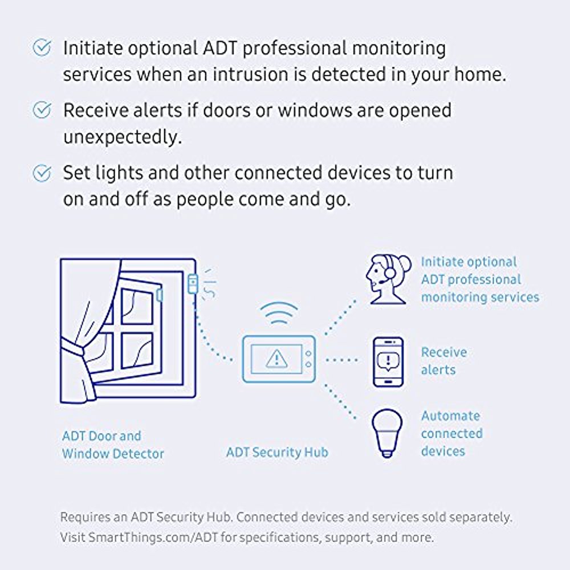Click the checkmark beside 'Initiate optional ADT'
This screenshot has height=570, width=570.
tap(42, 48)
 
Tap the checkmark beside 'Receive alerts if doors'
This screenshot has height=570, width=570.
tap(42, 110)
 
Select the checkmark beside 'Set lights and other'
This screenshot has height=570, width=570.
tap(42, 172)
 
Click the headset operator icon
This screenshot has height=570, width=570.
tap(388, 279)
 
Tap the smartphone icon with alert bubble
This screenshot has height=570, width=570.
tap(388, 362)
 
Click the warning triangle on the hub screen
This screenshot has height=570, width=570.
tap(277, 359)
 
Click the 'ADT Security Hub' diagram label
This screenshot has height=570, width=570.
tap(277, 453)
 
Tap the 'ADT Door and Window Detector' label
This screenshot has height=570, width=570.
tap(113, 445)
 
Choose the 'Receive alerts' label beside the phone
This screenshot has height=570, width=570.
tap(443, 361)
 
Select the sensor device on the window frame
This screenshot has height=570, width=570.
tap(192, 284)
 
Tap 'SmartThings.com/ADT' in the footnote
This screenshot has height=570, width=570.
tap(140, 537)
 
